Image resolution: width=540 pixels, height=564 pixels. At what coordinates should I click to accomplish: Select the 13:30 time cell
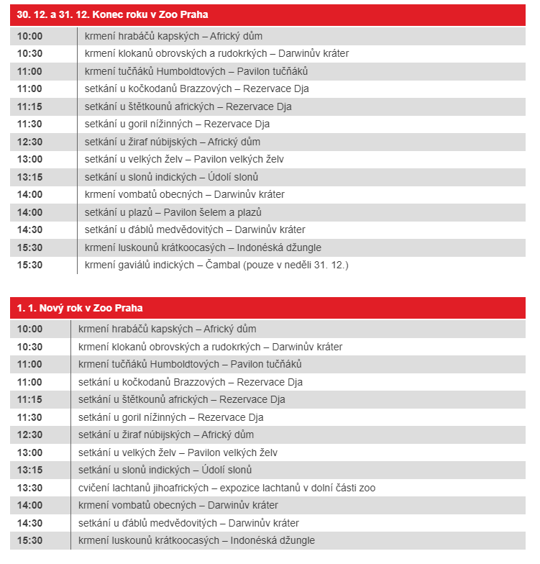(29, 488)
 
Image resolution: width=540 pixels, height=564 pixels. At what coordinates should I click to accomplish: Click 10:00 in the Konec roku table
(29, 36)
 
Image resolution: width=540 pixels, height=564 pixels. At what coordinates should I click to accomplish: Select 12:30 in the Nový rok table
(29, 435)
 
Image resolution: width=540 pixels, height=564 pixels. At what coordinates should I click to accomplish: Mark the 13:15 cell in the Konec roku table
(29, 177)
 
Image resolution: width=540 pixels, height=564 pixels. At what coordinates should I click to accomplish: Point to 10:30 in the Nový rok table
(29, 347)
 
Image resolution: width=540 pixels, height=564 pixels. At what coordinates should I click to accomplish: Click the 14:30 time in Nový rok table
(29, 523)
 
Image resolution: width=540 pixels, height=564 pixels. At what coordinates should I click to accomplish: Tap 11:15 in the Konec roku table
(29, 106)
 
